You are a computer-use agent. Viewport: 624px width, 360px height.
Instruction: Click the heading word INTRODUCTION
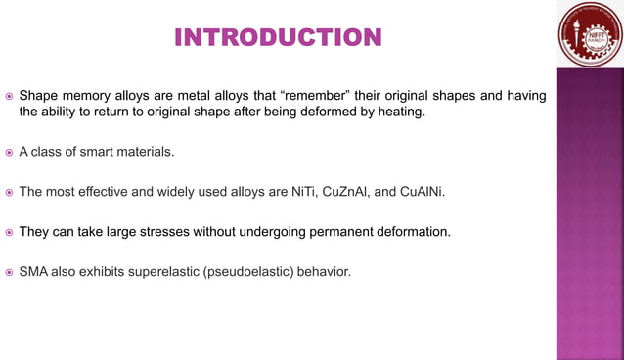[x=278, y=38]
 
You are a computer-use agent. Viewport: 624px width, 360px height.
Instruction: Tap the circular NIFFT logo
[x=590, y=34]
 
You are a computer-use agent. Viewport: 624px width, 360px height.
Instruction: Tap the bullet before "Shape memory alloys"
[x=9, y=97]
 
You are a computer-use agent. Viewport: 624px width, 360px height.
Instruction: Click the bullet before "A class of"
[x=9, y=153]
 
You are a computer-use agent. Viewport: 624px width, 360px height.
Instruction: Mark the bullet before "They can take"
[x=9, y=233]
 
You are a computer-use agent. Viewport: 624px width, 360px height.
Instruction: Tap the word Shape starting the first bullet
[x=39, y=96]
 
